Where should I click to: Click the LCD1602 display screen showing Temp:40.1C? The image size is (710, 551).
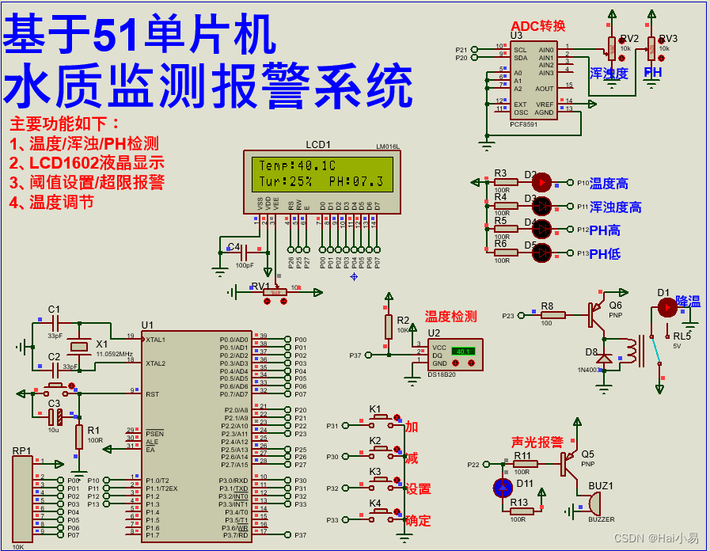tap(321, 173)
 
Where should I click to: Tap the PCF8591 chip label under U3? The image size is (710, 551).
tap(523, 124)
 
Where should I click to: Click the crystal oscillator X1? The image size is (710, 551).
tap(78, 346)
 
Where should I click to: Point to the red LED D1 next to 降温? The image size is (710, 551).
tap(667, 307)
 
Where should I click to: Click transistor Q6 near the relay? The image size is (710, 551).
tap(598, 314)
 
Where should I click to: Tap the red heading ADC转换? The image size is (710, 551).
tap(538, 26)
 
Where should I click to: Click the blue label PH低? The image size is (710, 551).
tap(605, 254)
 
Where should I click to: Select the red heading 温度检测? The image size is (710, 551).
tap(450, 317)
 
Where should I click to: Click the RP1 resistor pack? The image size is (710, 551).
tap(22, 499)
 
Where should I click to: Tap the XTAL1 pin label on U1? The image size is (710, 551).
tap(157, 339)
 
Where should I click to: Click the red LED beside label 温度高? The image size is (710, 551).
tap(541, 182)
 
